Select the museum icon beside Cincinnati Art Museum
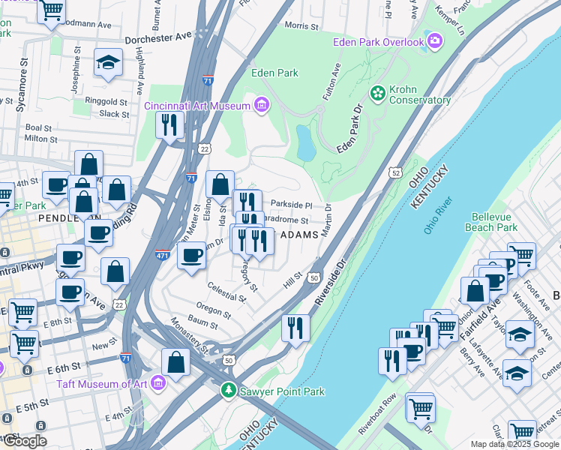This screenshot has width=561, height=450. tap(262, 105)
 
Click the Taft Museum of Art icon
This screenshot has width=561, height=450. tap(157, 383)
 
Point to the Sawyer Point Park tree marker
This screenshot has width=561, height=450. tap(228, 391)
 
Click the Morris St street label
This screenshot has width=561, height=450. tap(301, 25)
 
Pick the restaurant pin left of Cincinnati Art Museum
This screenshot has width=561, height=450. tap(169, 124)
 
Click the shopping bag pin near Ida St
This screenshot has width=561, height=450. tap(220, 184)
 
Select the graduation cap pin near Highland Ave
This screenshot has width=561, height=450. tap(109, 63)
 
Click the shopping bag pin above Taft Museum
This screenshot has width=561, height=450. tap(175, 364)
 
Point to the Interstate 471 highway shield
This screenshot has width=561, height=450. tap(163, 255)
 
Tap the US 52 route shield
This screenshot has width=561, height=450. tap(396, 172)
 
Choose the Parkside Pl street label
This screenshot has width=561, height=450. tap(290, 205)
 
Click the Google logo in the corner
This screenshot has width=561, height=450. tap(25, 441)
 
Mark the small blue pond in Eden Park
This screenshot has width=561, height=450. tap(305, 142)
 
